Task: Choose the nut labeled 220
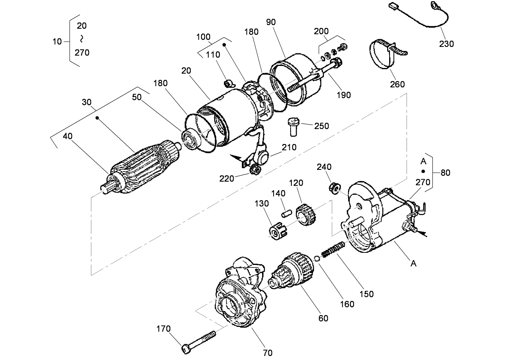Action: point(255,169)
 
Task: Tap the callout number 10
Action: point(57,41)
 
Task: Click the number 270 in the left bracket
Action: point(82,53)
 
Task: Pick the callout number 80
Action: point(445,173)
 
